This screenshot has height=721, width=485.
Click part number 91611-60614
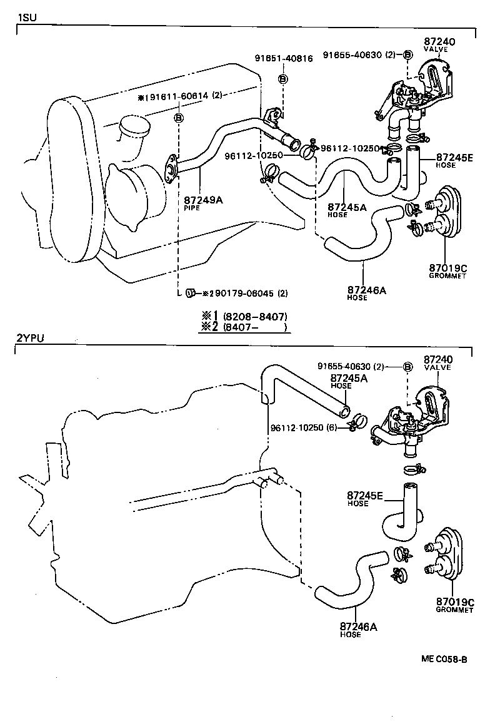pyautogui.click(x=181, y=96)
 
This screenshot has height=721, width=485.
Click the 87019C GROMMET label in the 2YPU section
pyautogui.click(x=455, y=605)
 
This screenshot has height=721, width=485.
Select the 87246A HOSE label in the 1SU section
pyautogui.click(x=366, y=293)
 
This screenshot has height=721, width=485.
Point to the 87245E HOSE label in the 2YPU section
pyautogui.click(x=366, y=499)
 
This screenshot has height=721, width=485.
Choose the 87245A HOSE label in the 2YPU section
pyautogui.click(x=349, y=381)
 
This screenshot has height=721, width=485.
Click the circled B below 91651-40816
pyautogui.click(x=282, y=79)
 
